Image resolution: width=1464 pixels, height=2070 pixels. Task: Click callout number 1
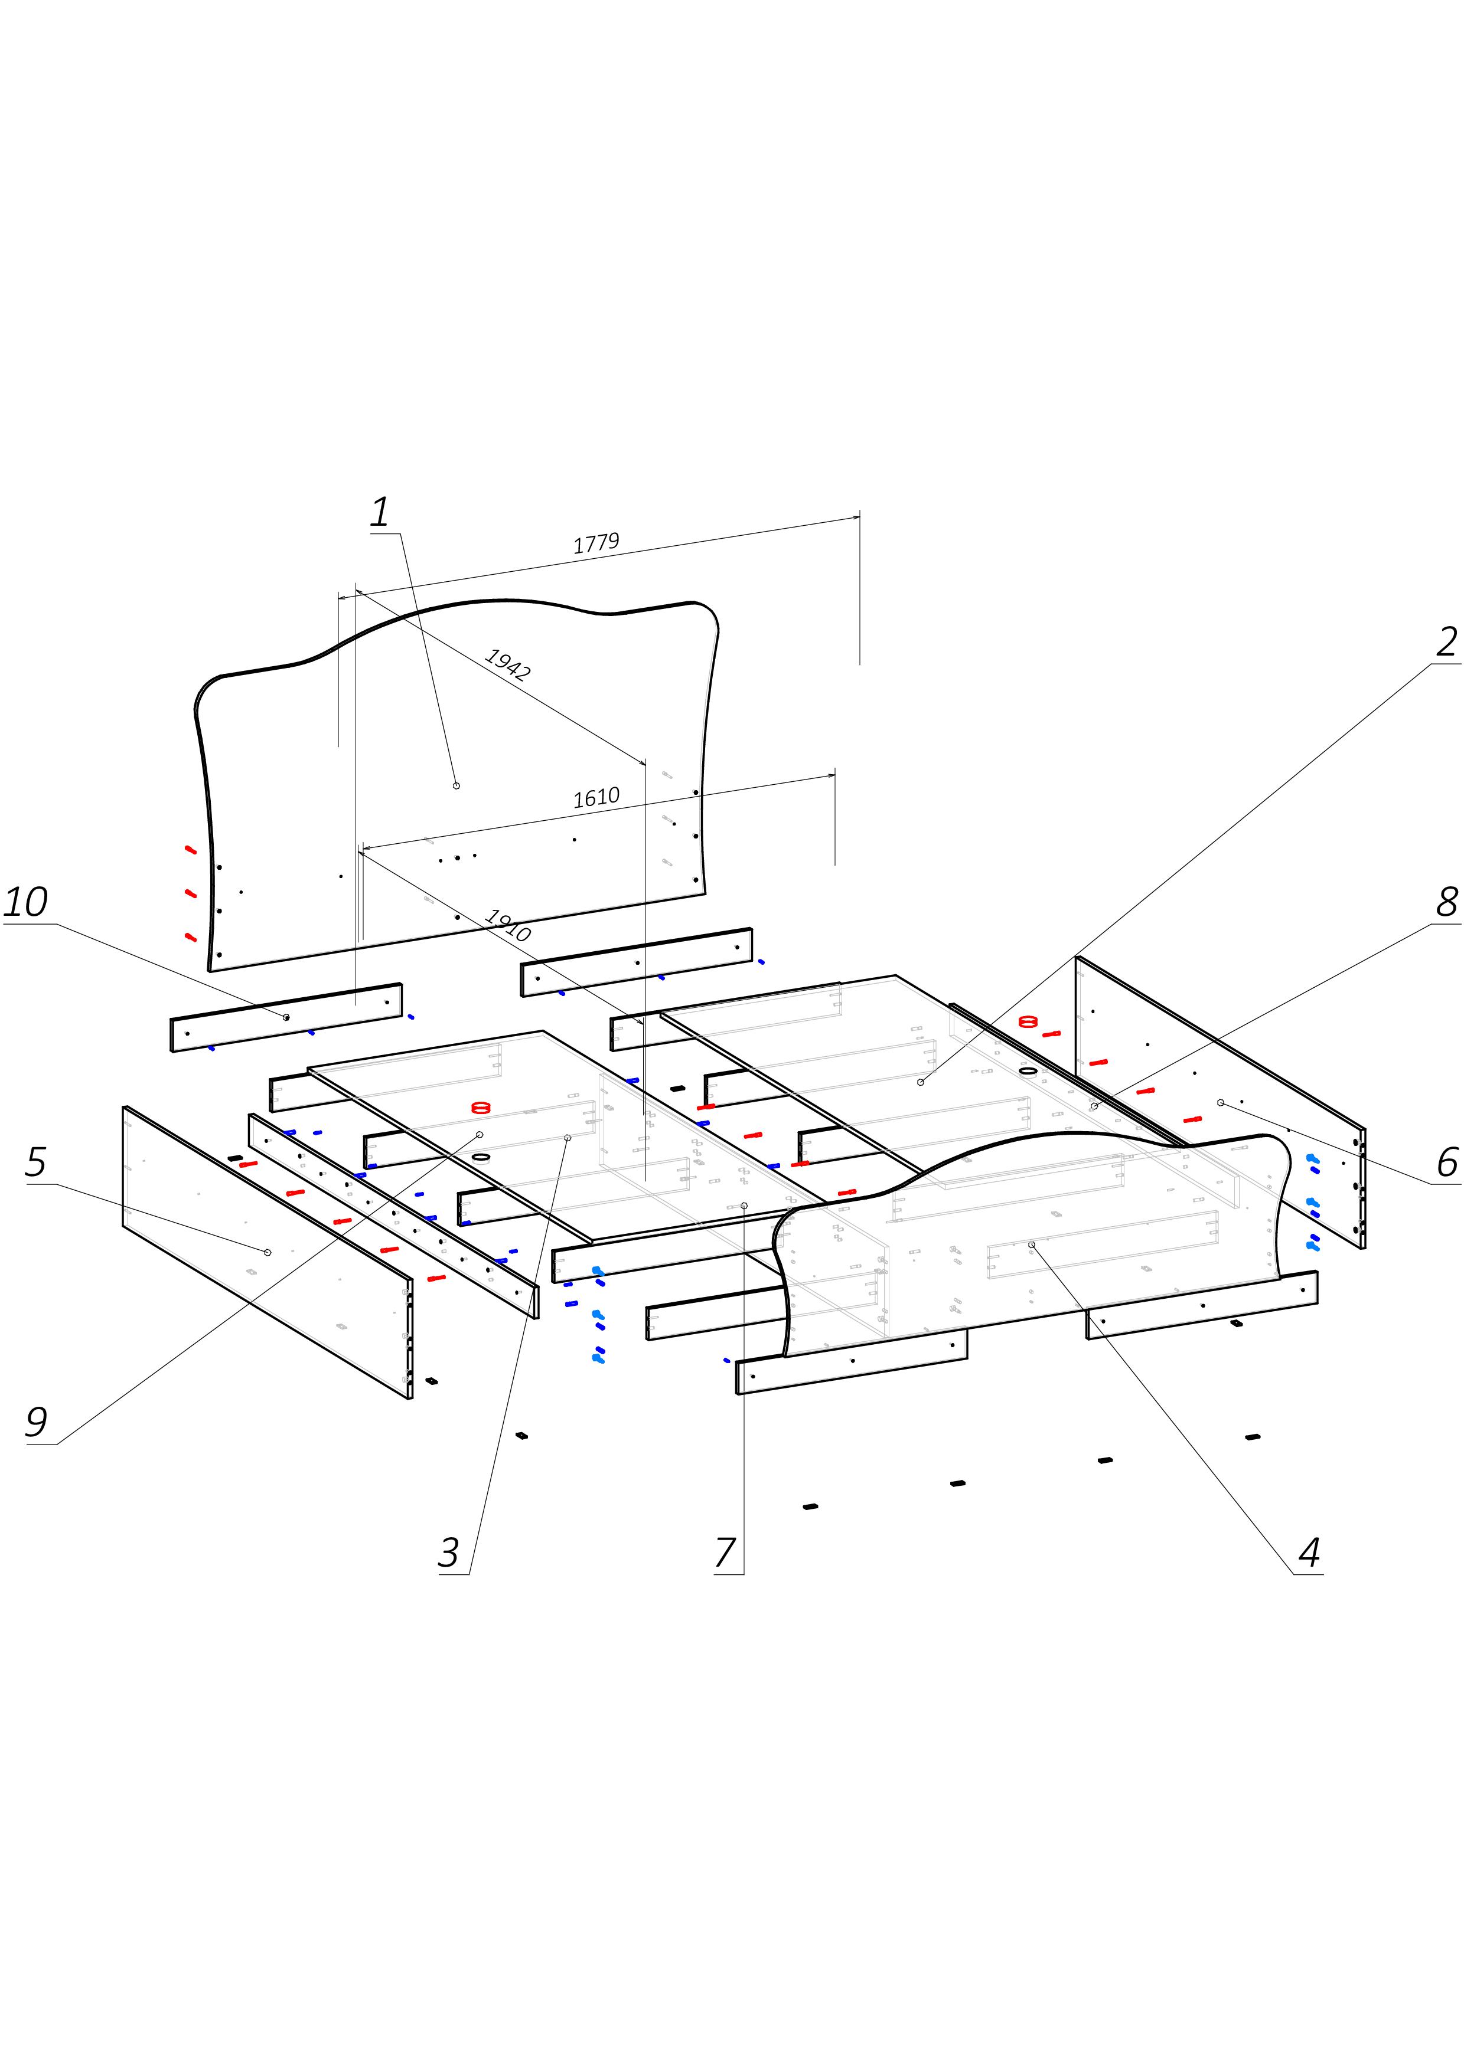coord(381,512)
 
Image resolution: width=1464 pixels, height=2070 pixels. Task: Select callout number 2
coord(1446,642)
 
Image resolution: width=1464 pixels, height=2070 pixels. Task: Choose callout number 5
coord(35,1162)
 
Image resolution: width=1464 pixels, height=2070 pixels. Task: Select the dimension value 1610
coord(596,797)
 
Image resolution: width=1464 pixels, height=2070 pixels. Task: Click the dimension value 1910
coord(507,925)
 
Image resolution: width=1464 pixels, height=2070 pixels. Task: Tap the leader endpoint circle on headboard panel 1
coord(457,785)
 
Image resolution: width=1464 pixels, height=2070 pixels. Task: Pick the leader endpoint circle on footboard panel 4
coord(1032,1244)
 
